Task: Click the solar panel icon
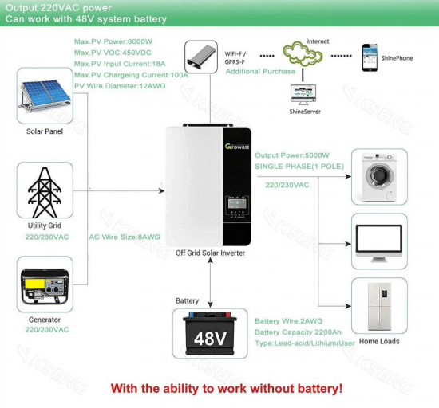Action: [x=44, y=96]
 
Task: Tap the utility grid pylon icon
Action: [x=45, y=192]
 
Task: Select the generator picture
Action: [x=45, y=286]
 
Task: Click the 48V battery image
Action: [x=210, y=334]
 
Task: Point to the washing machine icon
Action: [x=379, y=177]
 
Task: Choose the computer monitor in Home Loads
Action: [x=379, y=242]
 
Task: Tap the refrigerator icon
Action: [x=379, y=306]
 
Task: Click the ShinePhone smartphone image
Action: [x=370, y=57]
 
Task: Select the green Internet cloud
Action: [x=303, y=53]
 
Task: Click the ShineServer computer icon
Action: [x=303, y=95]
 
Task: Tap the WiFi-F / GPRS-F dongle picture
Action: [x=201, y=57]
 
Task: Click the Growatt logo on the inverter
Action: [x=237, y=147]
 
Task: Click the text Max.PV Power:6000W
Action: [x=113, y=41]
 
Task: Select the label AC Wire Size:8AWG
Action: [x=125, y=237]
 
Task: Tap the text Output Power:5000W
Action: [x=291, y=155]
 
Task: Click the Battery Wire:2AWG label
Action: [x=288, y=321]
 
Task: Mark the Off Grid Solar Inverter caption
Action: [x=210, y=253]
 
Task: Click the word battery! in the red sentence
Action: [x=320, y=389]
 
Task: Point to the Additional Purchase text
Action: [x=260, y=72]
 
